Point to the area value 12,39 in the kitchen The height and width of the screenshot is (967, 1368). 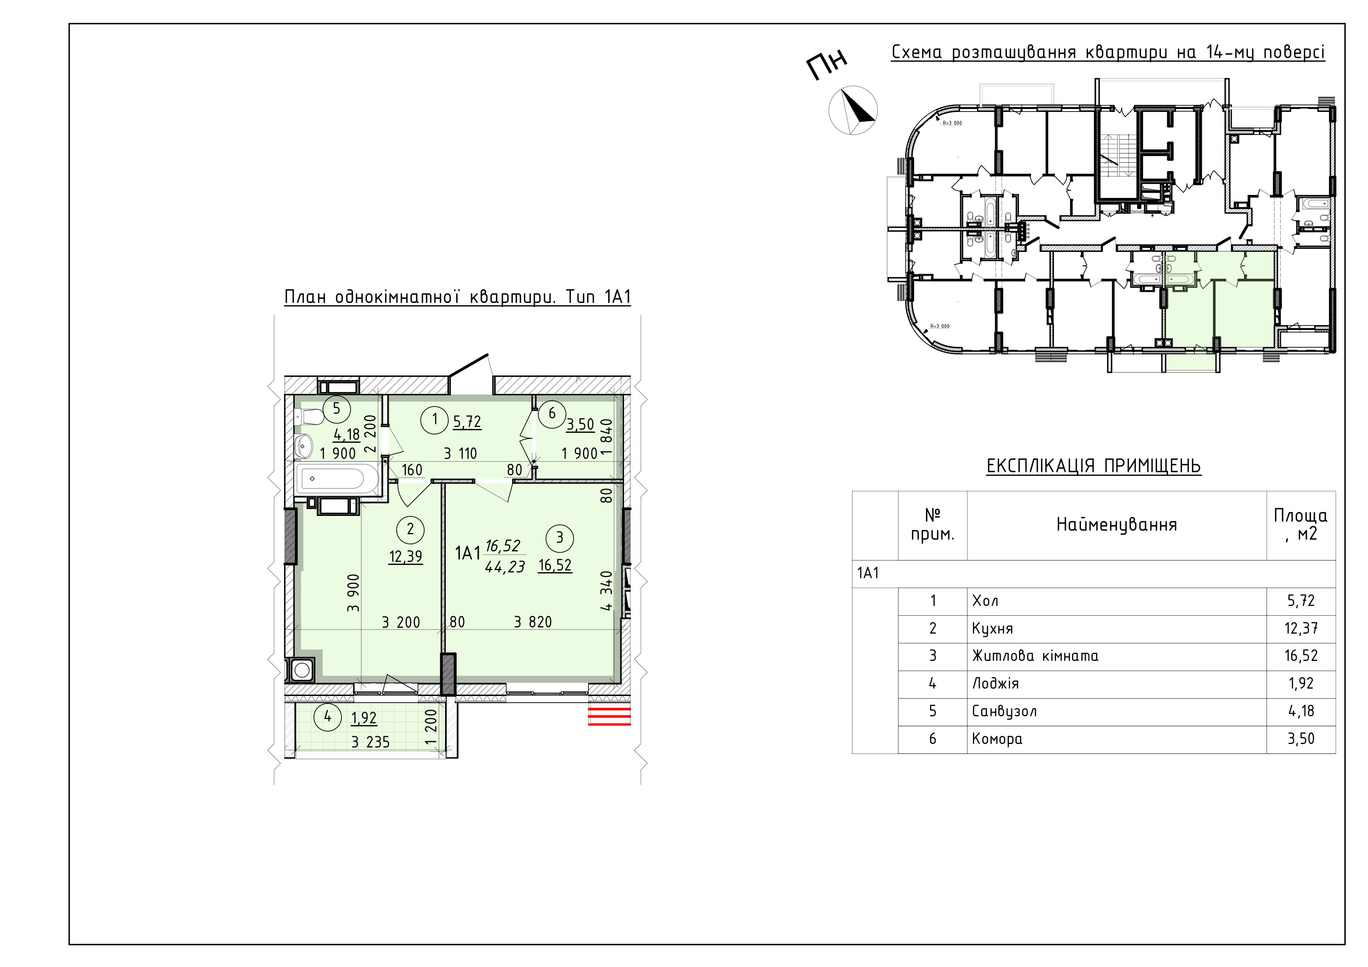[406, 556]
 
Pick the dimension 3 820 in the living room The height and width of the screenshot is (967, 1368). [533, 622]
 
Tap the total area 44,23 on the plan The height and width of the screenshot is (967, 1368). [505, 567]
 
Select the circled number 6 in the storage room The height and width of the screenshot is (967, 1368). [552, 413]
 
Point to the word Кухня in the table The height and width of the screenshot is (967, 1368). [992, 629]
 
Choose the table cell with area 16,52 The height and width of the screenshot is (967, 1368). [1301, 656]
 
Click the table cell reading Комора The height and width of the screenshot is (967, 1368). [1116, 739]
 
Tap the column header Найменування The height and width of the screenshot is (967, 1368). [1116, 525]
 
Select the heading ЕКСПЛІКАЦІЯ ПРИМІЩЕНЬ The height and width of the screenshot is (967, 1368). [1094, 465]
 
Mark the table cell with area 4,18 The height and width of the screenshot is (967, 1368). [1301, 711]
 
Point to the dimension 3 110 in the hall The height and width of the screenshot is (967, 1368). [460, 453]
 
